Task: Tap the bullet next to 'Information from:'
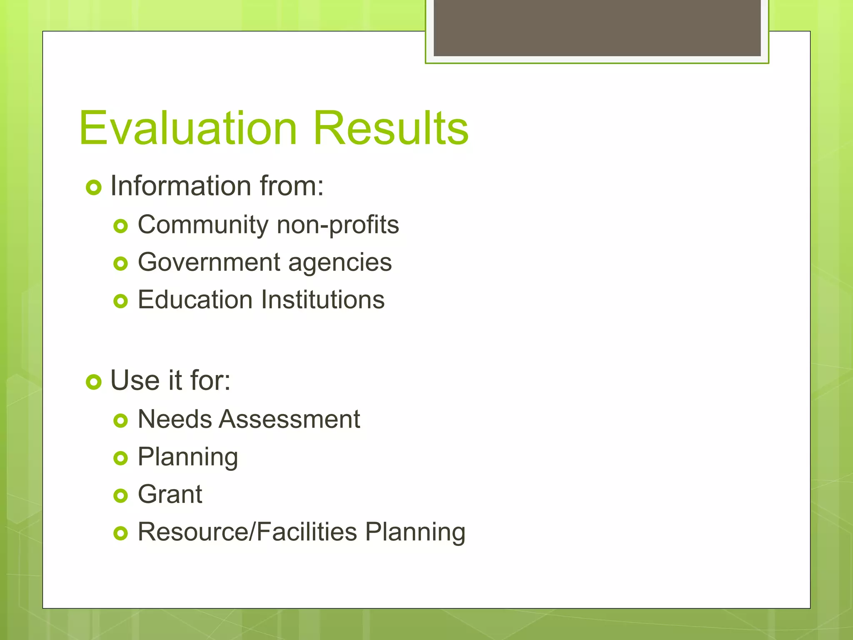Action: pyautogui.click(x=94, y=187)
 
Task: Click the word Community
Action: pyautogui.click(x=203, y=225)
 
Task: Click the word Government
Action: pyautogui.click(x=209, y=262)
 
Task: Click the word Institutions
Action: pyautogui.click(x=323, y=300)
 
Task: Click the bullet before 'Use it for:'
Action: pyautogui.click(x=94, y=382)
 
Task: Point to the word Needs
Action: pyautogui.click(x=175, y=419)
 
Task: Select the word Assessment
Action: pyautogui.click(x=289, y=419)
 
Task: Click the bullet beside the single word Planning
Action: pyautogui.click(x=120, y=458)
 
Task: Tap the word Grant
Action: pyautogui.click(x=170, y=495)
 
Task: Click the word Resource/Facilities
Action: pyautogui.click(x=247, y=532)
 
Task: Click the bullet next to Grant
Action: pyautogui.click(x=120, y=496)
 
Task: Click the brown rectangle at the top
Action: pyautogui.click(x=597, y=27)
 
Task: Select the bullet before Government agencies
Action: pyautogui.click(x=120, y=264)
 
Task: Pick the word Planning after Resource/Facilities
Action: pyautogui.click(x=415, y=533)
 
